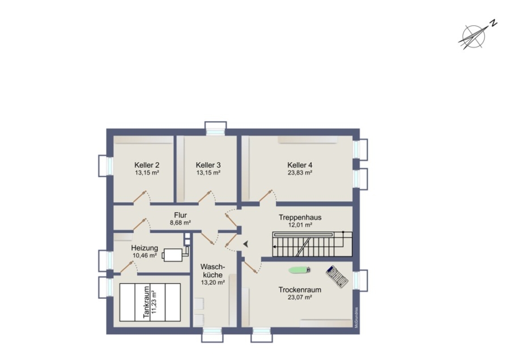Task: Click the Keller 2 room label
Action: click(x=147, y=165)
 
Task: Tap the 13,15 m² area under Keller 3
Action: click(x=209, y=173)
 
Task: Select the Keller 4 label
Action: click(x=300, y=165)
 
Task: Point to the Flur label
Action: click(x=180, y=215)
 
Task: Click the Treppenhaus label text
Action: click(x=300, y=217)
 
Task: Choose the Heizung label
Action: click(x=144, y=248)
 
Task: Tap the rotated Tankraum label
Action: click(x=146, y=302)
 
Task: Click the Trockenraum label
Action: click(x=300, y=290)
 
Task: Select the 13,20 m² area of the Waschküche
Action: click(x=213, y=282)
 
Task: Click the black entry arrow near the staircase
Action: click(x=245, y=243)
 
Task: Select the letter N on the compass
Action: click(x=494, y=23)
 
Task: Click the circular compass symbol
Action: click(x=474, y=36)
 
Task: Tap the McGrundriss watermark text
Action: click(x=356, y=317)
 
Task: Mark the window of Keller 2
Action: click(x=106, y=166)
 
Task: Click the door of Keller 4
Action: click(x=267, y=196)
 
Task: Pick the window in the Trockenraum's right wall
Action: click(x=360, y=280)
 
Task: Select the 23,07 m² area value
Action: click(x=300, y=297)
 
